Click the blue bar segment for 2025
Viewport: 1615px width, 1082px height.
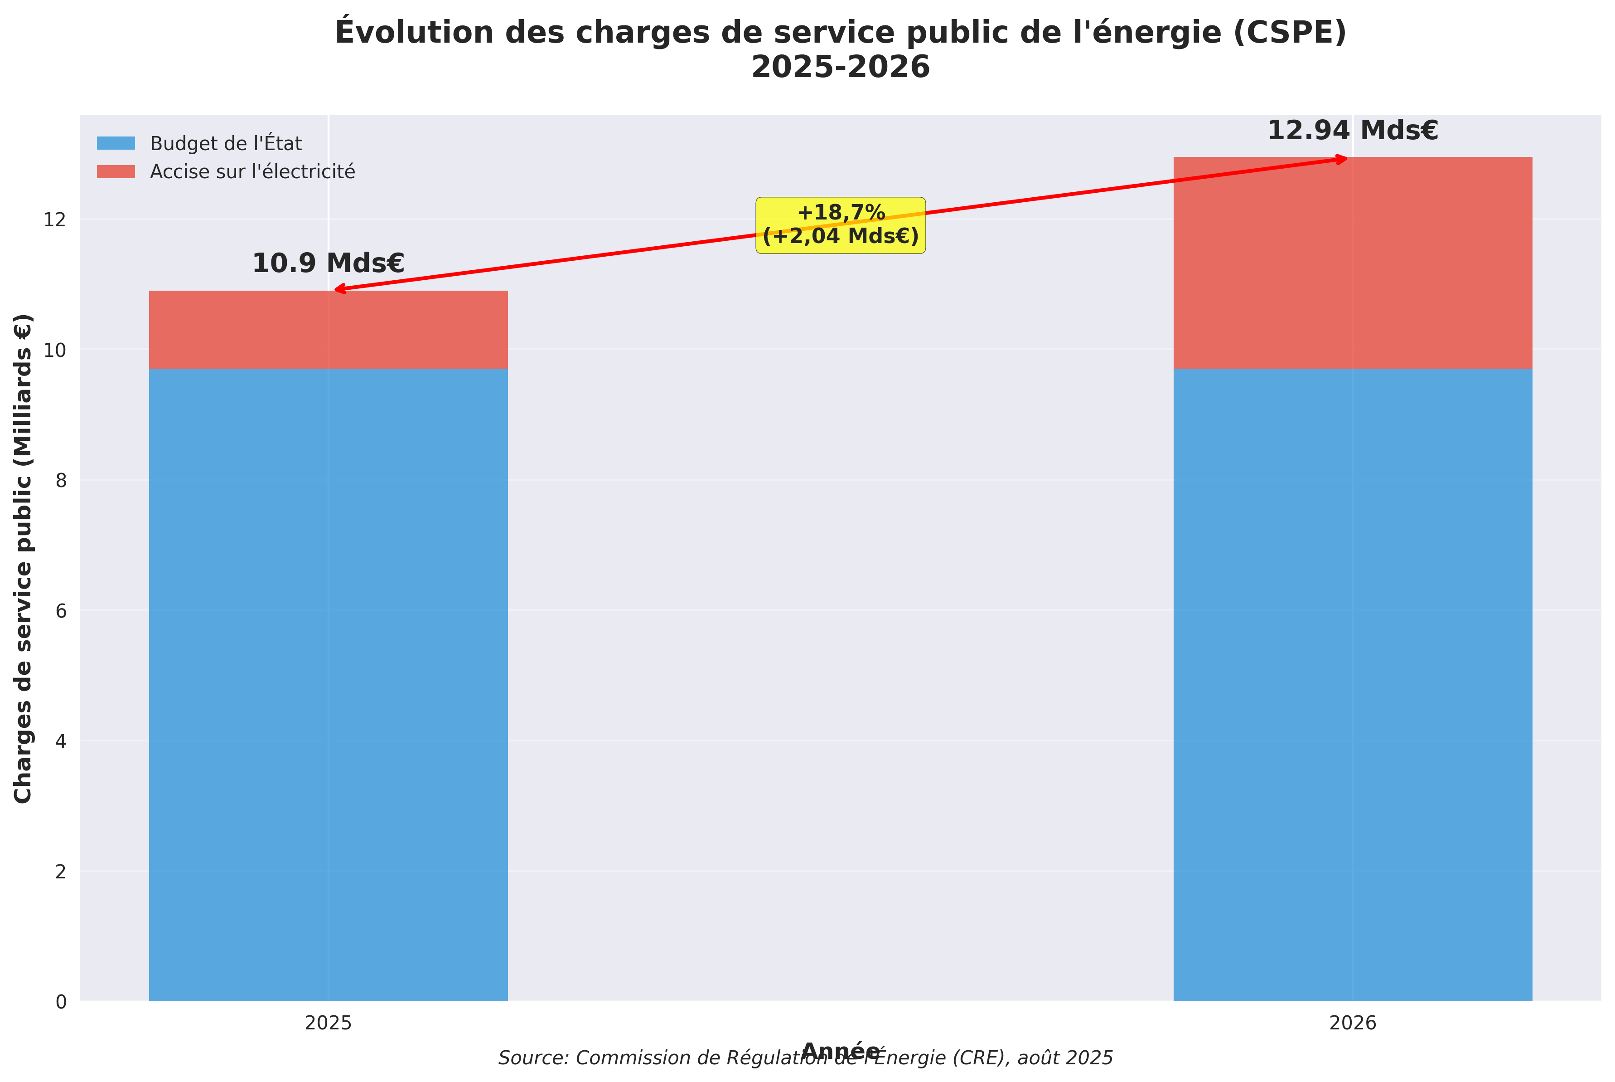click(x=328, y=683)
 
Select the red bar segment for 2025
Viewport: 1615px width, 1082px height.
click(x=328, y=329)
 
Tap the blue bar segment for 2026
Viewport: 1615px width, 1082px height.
click(x=1352, y=683)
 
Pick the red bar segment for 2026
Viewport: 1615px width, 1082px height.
click(x=1352, y=262)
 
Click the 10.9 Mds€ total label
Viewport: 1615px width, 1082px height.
click(x=328, y=263)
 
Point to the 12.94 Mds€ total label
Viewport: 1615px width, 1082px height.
click(x=1352, y=131)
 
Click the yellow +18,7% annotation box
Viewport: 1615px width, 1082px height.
click(x=840, y=225)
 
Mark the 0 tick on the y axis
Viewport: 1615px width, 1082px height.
click(x=61, y=1002)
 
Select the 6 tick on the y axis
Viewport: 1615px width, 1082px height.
click(x=61, y=611)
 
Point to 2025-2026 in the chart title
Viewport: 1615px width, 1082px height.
click(x=840, y=68)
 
